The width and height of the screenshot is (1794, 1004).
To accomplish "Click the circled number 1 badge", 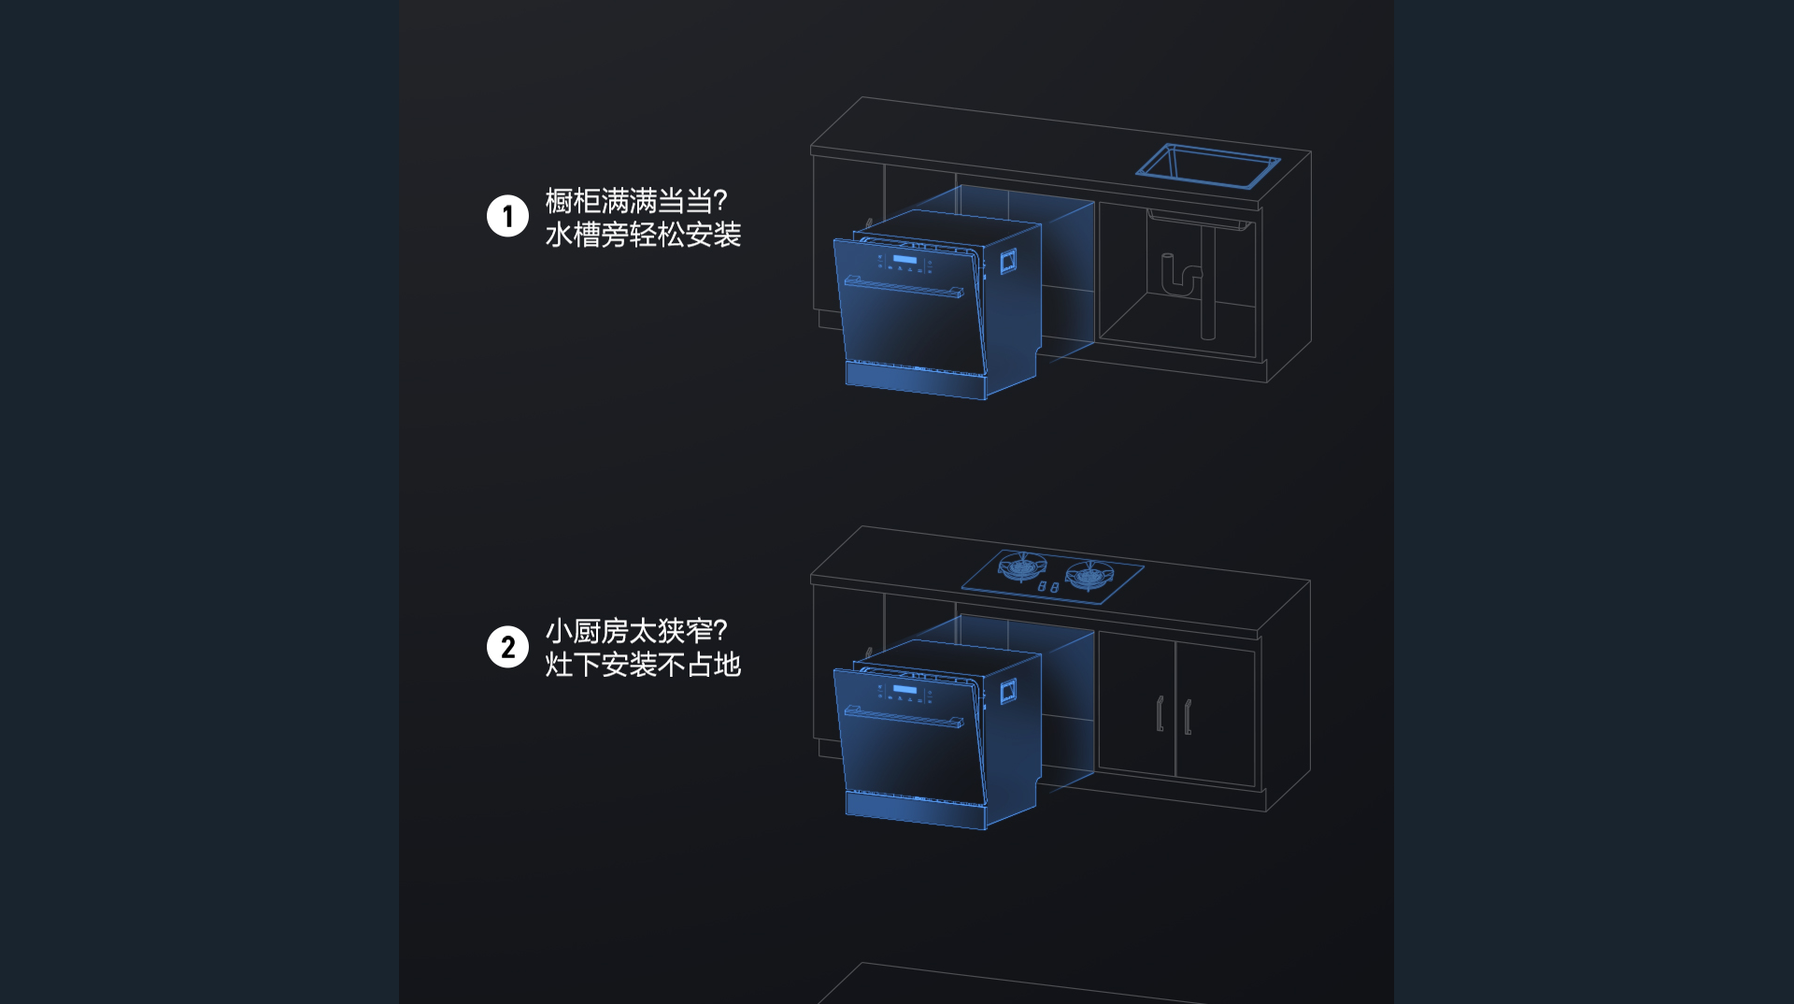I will [x=507, y=216].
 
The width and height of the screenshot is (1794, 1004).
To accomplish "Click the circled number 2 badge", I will [x=507, y=647].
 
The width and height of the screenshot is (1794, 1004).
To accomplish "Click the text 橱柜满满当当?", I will [x=635, y=200].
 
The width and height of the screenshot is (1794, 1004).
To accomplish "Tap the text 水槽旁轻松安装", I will [x=643, y=235].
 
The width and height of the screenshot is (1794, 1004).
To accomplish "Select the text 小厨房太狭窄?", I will [x=635, y=631].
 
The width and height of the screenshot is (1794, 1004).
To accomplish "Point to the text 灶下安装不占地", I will [x=643, y=665].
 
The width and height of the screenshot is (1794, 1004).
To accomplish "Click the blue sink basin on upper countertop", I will [x=1208, y=166].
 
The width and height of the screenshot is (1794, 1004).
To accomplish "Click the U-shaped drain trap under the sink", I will [x=1181, y=277].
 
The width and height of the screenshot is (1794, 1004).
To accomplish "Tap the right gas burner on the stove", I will [x=1089, y=574].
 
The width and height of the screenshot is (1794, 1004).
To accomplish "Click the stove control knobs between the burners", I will [x=1048, y=587].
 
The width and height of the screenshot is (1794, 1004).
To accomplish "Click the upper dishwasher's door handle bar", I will [x=904, y=287].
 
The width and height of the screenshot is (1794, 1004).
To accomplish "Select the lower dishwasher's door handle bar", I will [x=904, y=716].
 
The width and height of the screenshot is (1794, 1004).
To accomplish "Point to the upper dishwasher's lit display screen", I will [x=904, y=260].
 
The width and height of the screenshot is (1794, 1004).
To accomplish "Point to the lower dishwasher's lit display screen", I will [x=904, y=690].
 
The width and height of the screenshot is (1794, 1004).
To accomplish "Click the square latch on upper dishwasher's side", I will [x=1008, y=262].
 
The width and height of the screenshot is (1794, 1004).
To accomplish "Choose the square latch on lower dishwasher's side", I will [x=1008, y=692].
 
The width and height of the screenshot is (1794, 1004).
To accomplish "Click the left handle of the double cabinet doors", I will [x=1160, y=713].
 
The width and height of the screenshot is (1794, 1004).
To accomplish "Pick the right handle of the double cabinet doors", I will [x=1188, y=717].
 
